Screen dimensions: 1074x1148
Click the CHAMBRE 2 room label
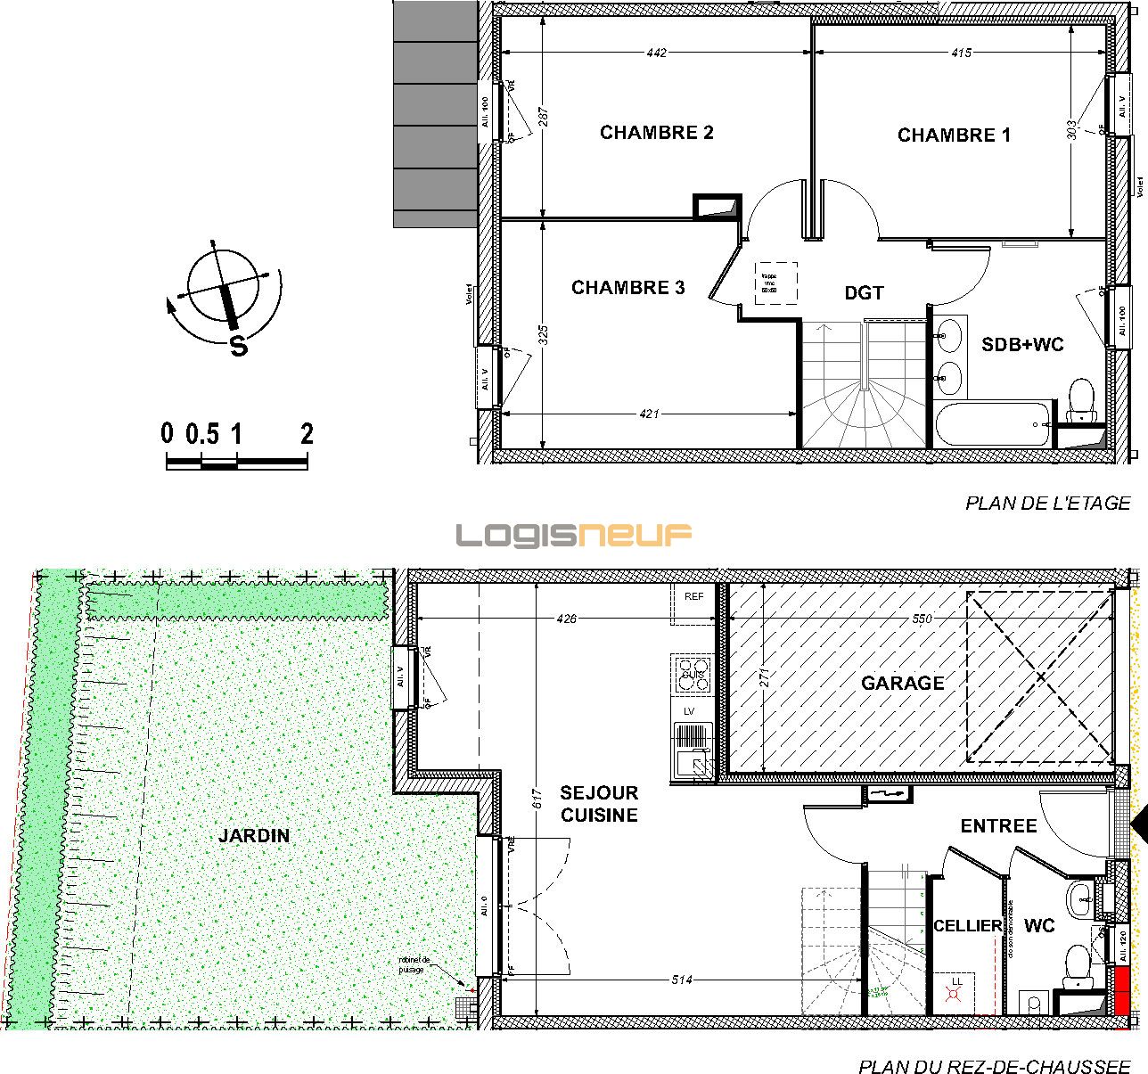click(x=656, y=133)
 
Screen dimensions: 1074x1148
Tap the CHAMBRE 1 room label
click(x=954, y=135)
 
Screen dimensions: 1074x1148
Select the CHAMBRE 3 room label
click(x=627, y=288)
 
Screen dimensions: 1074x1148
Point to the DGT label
click(x=864, y=293)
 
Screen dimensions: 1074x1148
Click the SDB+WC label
click(x=1022, y=344)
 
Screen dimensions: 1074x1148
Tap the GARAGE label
click(x=902, y=683)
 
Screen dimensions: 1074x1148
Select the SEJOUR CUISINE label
click(x=598, y=804)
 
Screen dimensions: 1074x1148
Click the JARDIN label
click(x=254, y=836)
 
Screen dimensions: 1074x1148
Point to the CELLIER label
click(x=967, y=926)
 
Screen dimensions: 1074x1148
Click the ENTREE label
click(x=998, y=826)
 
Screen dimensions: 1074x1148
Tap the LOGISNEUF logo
click(x=574, y=535)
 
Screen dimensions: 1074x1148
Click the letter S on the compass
click(x=238, y=346)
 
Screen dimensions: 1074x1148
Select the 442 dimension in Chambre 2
click(x=656, y=53)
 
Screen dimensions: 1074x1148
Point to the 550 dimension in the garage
click(x=921, y=619)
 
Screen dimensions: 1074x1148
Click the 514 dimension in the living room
click(x=683, y=980)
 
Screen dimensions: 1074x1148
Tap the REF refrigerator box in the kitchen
click(x=693, y=597)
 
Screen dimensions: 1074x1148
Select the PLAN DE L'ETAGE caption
click(x=1047, y=504)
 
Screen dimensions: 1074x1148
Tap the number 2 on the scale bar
click(x=307, y=434)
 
